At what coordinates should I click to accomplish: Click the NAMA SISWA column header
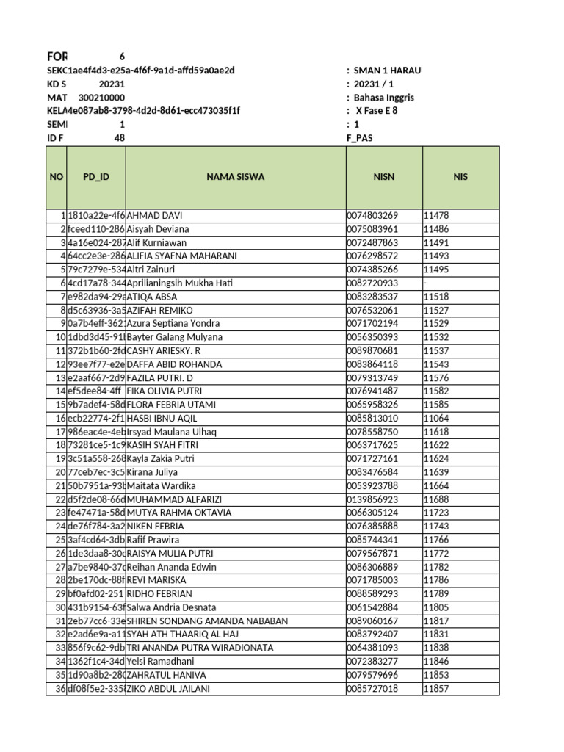[x=236, y=177]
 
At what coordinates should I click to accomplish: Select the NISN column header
[x=384, y=177]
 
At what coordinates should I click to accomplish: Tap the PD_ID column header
[x=96, y=177]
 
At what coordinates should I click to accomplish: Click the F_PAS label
[x=359, y=138]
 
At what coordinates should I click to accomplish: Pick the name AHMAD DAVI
[x=155, y=216]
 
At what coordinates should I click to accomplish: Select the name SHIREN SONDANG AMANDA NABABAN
[x=208, y=621]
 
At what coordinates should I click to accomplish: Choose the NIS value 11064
[x=435, y=419]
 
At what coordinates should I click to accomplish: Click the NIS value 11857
[x=435, y=689]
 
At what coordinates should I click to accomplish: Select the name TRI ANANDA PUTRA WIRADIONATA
[x=200, y=648]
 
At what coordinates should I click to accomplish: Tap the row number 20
[x=60, y=472]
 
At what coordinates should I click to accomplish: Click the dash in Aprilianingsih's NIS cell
[x=424, y=283]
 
